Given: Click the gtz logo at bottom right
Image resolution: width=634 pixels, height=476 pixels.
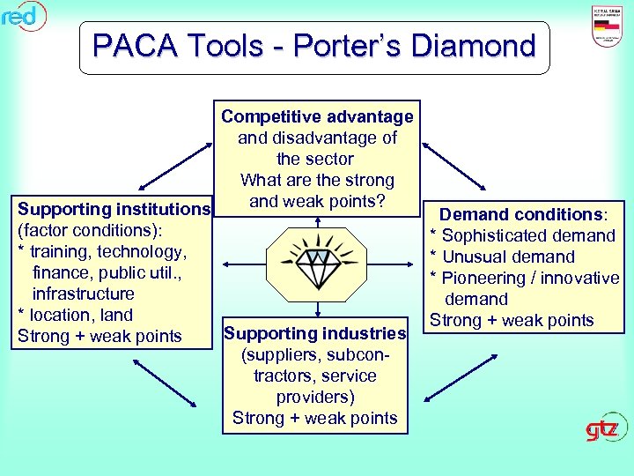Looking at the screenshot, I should [x=607, y=429].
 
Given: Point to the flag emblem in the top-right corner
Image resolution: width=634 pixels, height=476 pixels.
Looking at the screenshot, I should [x=605, y=27].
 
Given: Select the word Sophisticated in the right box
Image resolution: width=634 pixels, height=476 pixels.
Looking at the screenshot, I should [x=498, y=235].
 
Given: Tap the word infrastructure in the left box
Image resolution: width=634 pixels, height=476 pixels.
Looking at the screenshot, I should [x=84, y=294].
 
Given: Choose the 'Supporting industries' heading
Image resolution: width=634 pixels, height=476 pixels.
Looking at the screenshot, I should [x=314, y=333].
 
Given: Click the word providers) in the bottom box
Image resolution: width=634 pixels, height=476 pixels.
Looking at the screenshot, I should [x=315, y=397].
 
